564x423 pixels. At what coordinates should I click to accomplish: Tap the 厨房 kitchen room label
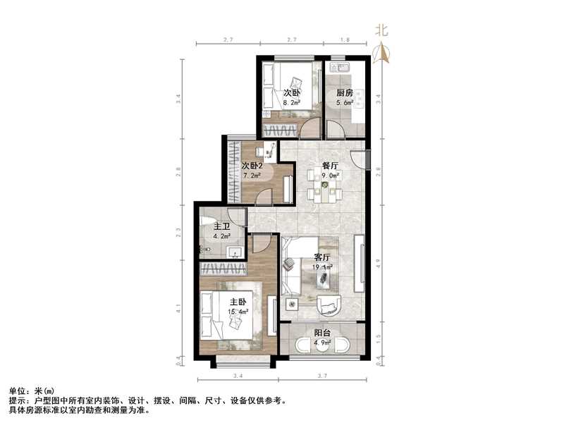click(344, 92)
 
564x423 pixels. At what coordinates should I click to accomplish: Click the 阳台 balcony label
click(322, 334)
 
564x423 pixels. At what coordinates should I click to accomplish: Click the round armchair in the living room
click(329, 305)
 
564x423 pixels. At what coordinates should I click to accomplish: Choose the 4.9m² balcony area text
click(322, 345)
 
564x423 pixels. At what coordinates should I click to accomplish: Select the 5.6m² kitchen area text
click(344, 102)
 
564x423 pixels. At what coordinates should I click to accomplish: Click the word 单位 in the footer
click(17, 391)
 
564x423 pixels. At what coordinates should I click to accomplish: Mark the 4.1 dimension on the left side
click(180, 308)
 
